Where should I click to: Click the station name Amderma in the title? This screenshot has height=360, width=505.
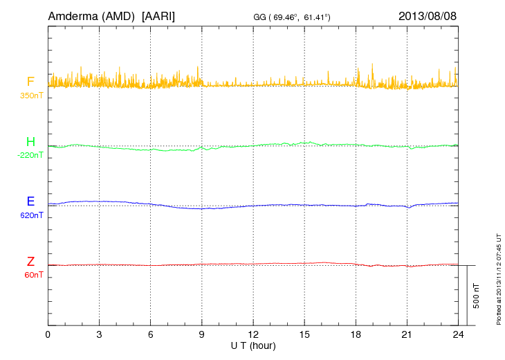click(71, 15)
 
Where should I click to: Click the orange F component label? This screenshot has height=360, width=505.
click(30, 82)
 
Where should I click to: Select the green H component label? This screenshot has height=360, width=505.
click(30, 142)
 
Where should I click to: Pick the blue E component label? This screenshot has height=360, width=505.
click(30, 201)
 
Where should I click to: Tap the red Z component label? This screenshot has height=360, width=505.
click(30, 262)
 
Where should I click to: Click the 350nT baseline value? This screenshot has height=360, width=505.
click(32, 95)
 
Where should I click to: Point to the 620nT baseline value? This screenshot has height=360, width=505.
click(32, 215)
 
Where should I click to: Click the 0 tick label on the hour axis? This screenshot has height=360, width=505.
click(48, 334)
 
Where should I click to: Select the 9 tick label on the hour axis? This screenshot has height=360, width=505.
click(202, 334)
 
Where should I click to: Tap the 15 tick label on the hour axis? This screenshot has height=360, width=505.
click(304, 334)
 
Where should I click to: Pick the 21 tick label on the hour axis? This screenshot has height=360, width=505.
click(407, 334)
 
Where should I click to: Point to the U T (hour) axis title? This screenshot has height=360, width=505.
click(253, 345)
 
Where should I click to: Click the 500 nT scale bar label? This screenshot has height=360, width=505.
click(476, 295)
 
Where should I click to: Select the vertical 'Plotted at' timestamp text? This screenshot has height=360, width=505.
click(499, 278)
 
